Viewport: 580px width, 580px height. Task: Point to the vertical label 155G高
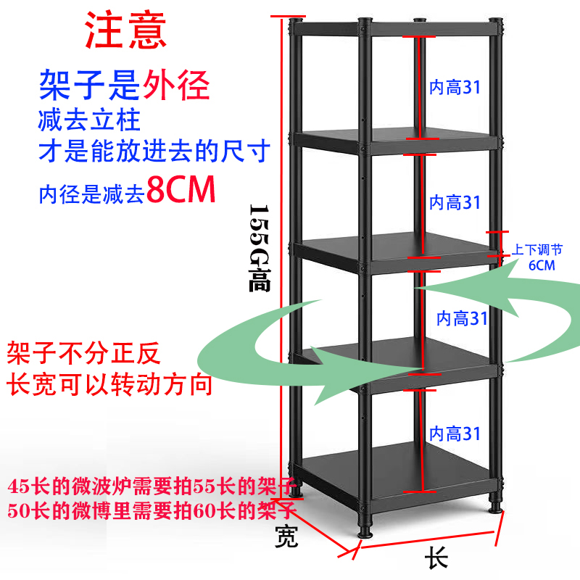tap(259, 246)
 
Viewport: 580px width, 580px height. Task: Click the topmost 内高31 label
tap(455, 88)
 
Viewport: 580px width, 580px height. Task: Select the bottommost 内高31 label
tap(455, 434)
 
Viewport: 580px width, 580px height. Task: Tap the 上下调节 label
tap(537, 249)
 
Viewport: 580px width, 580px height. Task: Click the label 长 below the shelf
tap(436, 559)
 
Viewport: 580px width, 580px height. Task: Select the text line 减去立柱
tap(90, 119)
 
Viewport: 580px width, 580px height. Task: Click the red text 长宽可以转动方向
tap(109, 384)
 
